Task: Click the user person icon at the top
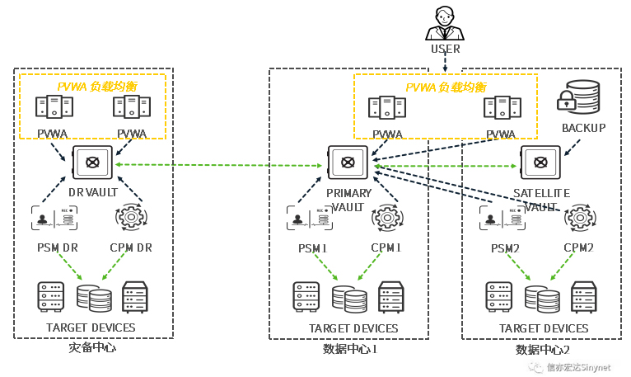[x=445, y=23]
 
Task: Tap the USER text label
[x=445, y=49]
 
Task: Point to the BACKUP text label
[x=583, y=128]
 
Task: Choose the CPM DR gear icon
[x=130, y=218]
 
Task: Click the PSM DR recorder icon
[x=54, y=218]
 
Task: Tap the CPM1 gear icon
[x=386, y=218]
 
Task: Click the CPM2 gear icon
[x=579, y=218]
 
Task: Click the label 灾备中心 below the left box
[x=92, y=347]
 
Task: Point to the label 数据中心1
[x=350, y=349]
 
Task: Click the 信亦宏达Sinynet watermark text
[x=579, y=368]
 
